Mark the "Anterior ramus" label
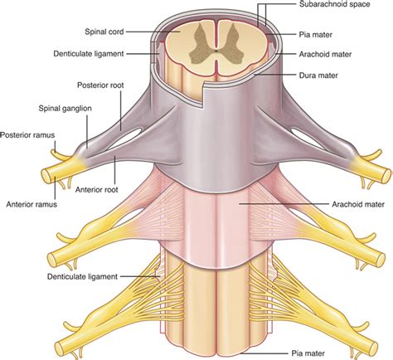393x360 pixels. [x=32, y=202]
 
